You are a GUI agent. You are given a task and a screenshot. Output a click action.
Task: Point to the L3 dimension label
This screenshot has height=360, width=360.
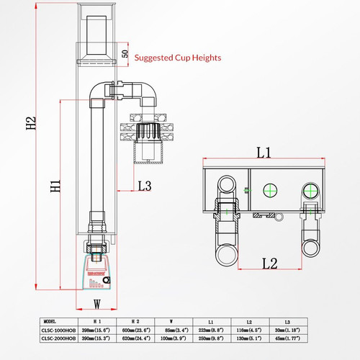144,186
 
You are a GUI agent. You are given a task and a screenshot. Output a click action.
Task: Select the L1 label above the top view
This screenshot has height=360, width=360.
263,153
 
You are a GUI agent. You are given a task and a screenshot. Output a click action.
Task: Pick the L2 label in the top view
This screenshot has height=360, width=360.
269,264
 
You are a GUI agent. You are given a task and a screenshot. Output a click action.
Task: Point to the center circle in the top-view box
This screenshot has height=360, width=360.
271,190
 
